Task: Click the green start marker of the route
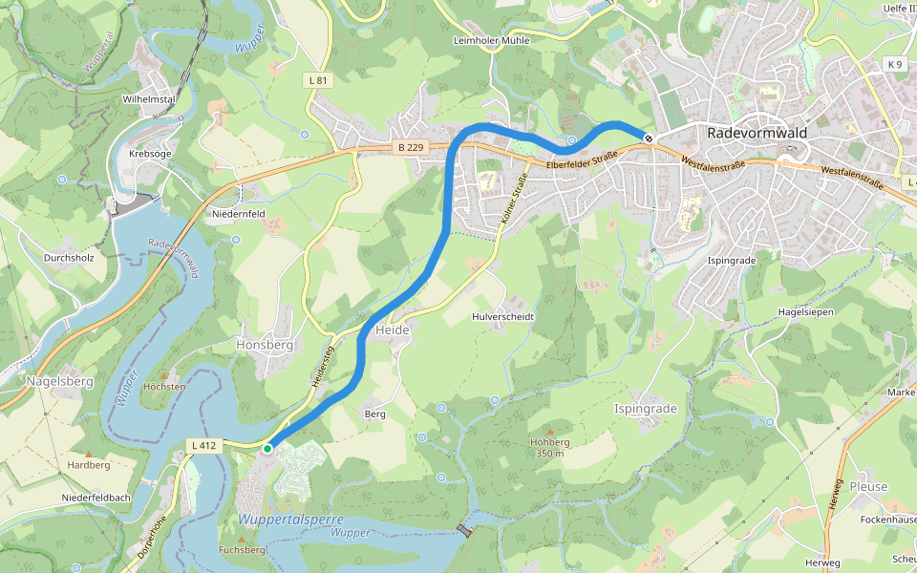tap(267, 447)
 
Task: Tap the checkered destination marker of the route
tap(649, 139)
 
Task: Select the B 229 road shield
tap(409, 147)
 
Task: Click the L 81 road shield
tap(318, 80)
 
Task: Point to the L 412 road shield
tap(203, 445)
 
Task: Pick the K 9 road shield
tap(894, 64)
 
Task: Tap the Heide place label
tap(393, 329)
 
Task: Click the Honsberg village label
tap(265, 345)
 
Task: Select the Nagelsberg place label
tap(60, 381)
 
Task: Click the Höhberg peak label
tap(549, 442)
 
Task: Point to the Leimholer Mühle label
tap(490, 41)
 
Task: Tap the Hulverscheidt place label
tap(503, 316)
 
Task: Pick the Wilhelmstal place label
tap(148, 99)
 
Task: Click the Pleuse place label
tap(868, 486)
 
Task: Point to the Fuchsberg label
tap(242, 550)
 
